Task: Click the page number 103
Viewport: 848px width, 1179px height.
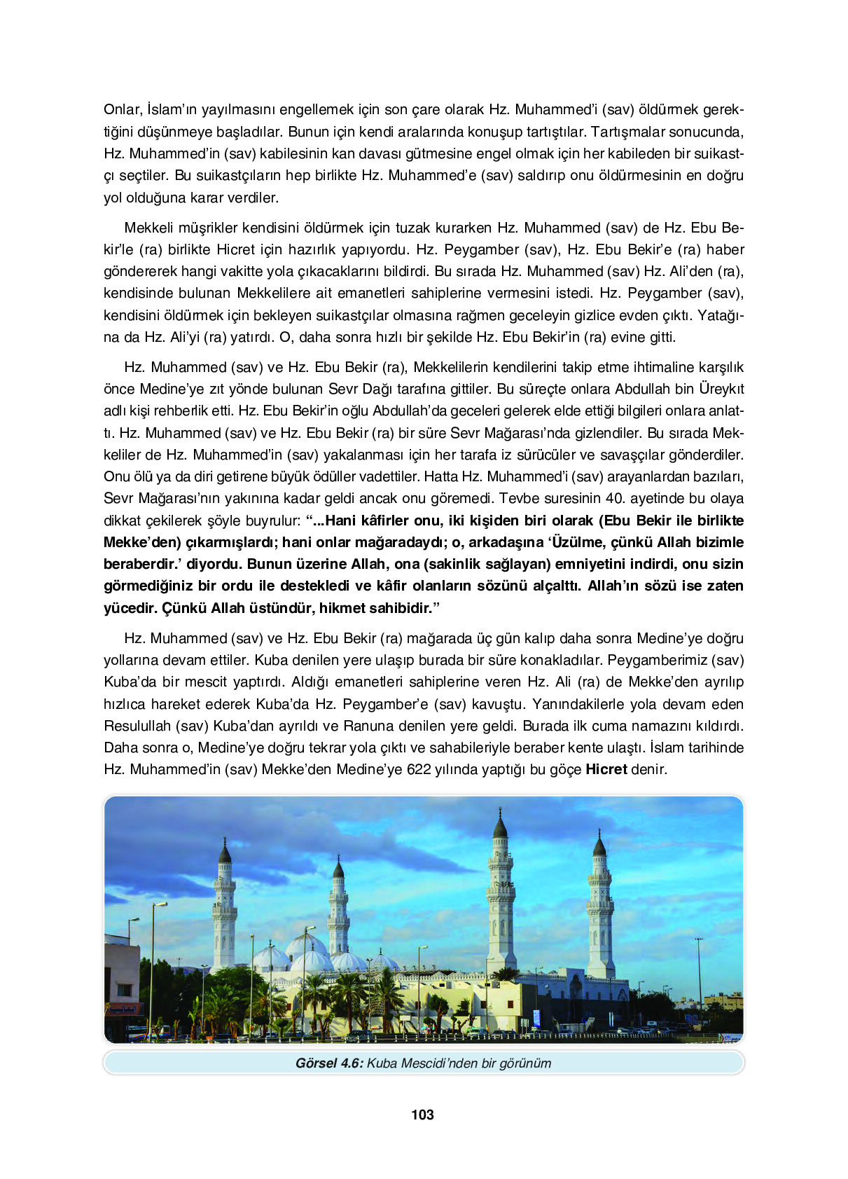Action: [x=422, y=1115]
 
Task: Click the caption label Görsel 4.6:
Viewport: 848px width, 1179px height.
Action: [x=328, y=1063]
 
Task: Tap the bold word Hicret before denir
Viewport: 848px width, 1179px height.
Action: [x=606, y=769]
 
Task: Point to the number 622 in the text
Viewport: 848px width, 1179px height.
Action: [x=418, y=769]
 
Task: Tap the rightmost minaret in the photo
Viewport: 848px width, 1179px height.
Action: [x=600, y=904]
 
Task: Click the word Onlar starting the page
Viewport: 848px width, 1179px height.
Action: [x=123, y=109]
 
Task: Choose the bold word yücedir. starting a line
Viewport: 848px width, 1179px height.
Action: [x=130, y=608]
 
